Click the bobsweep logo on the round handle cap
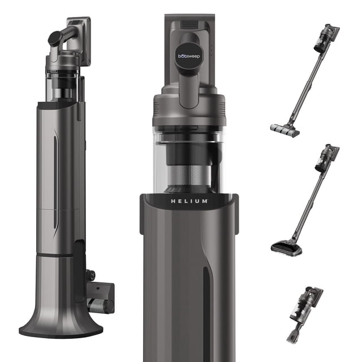(189, 56)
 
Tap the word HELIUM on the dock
(189, 201)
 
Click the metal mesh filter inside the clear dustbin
(189, 175)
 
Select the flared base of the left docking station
(61, 321)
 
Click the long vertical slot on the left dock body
(55, 182)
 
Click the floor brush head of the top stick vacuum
(285, 131)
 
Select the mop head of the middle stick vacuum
(287, 248)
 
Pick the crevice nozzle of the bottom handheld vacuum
(294, 334)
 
